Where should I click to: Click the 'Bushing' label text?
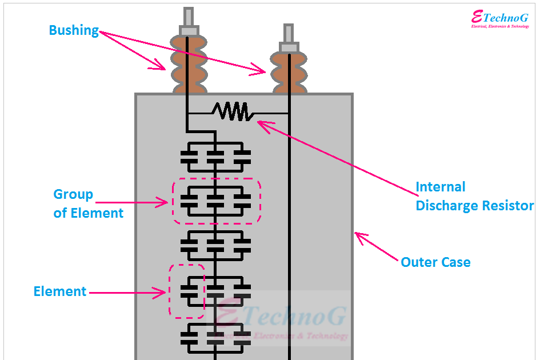[74, 30]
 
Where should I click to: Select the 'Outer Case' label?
[435, 262]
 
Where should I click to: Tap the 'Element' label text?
[60, 291]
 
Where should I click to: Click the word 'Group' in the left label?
[73, 194]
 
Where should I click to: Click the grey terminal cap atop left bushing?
[188, 30]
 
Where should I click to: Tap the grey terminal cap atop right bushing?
[289, 46]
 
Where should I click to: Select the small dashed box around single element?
[186, 291]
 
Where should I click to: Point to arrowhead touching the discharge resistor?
[260, 122]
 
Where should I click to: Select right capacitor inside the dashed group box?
[242, 200]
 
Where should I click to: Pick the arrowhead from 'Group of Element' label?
[166, 202]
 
